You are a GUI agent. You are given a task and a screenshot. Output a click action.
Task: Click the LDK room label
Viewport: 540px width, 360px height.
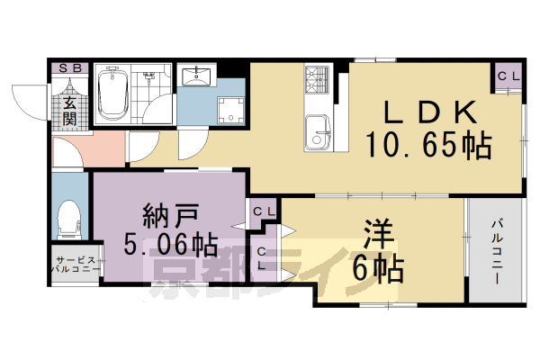pos(428,113)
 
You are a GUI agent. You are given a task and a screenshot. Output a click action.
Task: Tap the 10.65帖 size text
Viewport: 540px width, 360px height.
pos(428,144)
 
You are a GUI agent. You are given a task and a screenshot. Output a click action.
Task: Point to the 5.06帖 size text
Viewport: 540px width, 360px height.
pos(168,243)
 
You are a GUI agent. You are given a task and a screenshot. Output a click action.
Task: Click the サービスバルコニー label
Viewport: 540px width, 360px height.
pos(76,264)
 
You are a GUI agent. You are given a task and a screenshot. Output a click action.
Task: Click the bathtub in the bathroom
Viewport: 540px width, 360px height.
pos(114,95)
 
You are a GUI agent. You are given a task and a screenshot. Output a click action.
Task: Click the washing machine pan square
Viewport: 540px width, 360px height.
pos(231,111)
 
